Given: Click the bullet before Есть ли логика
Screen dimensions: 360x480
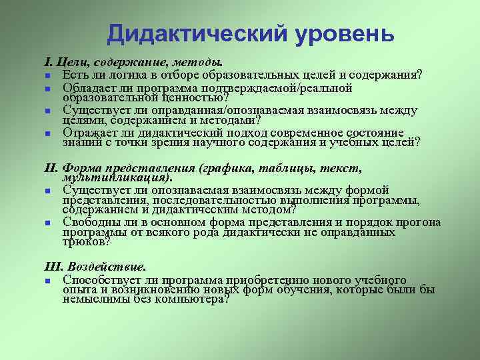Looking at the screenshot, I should coord(49,73).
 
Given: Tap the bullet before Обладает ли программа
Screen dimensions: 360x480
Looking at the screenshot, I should coord(49,88).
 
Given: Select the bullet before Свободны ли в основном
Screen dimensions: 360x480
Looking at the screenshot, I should coord(49,223).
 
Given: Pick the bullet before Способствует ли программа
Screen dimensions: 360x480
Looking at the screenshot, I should coord(49,279).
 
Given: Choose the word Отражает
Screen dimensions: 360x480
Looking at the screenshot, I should coord(89,133).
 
